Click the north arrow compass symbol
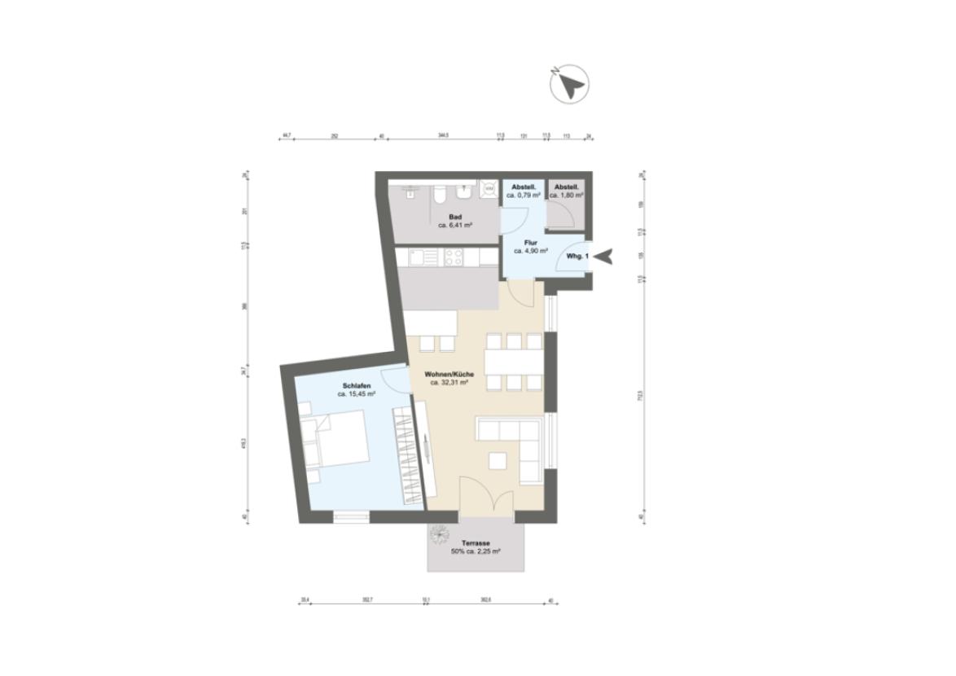569,83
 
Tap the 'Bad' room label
445,217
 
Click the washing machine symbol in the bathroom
489,189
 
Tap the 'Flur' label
530,242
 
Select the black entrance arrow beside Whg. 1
603,257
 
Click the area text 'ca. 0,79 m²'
524,195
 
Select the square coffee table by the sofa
496,460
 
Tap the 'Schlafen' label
357,385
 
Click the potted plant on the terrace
441,533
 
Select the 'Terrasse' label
476,542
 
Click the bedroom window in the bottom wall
351,516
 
